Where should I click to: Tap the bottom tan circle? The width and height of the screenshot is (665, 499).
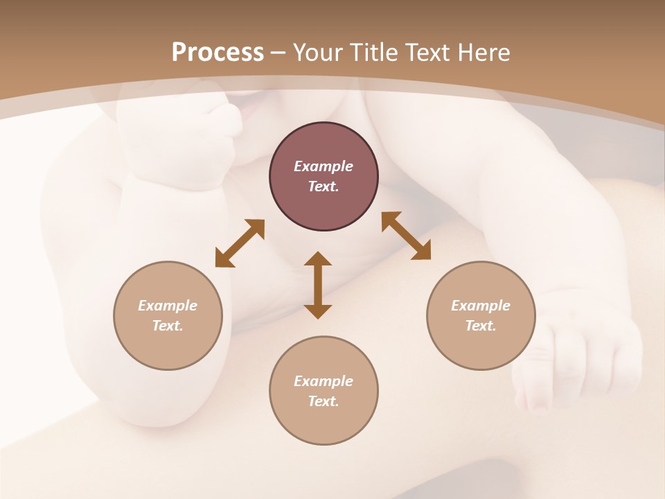pos(323,423)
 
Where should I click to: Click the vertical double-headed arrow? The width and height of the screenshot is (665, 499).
pos(318,285)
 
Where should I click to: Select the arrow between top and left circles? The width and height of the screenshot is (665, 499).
pos(240,243)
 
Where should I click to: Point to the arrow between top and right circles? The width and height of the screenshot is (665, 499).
pos(406,236)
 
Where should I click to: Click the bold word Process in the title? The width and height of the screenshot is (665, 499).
pos(218,52)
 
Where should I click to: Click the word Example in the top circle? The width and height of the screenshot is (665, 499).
pos(323,166)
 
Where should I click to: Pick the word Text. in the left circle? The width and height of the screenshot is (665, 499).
pos(168,326)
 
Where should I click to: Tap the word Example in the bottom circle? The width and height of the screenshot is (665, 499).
pos(323,381)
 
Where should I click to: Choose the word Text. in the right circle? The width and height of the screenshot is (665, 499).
pos(481,326)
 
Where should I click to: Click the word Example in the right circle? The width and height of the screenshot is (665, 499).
pos(481,306)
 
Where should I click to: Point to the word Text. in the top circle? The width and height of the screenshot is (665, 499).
pos(323,186)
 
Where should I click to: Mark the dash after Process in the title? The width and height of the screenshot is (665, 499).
pos(278,53)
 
